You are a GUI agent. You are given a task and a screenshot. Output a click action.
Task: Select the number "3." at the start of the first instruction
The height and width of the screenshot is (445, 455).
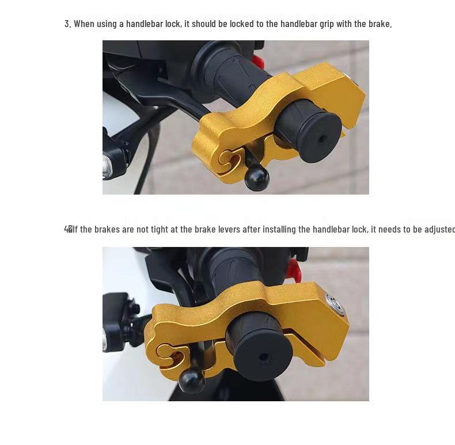coord(67,24)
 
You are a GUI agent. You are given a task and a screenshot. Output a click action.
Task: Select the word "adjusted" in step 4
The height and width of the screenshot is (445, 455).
coord(439,229)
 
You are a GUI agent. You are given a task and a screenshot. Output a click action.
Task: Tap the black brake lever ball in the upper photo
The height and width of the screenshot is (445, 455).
coord(256,178)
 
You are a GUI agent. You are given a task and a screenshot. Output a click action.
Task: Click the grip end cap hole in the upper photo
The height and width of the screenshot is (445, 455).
coord(321,139)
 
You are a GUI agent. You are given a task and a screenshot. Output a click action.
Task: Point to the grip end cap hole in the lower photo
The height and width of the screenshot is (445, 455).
coord(264,357)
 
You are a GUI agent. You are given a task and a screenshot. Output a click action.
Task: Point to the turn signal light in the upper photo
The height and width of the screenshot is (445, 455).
coord(107,166)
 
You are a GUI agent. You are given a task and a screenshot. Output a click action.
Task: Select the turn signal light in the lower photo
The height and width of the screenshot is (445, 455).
coord(105,340)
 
